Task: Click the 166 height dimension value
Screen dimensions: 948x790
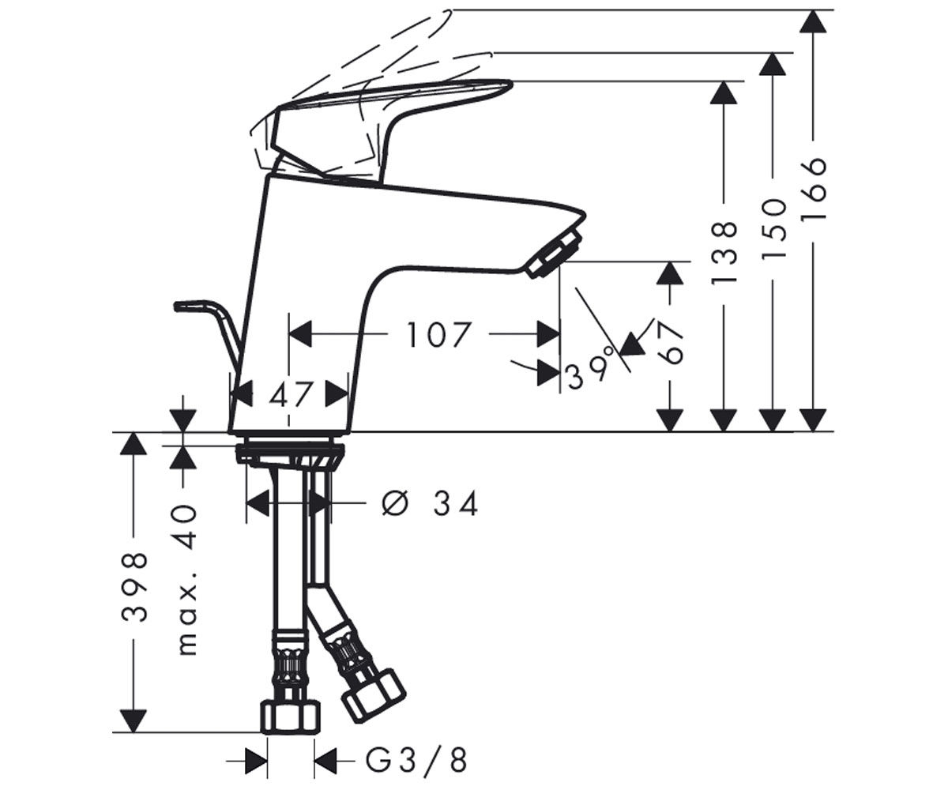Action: click(813, 189)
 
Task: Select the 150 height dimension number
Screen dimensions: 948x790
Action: click(773, 229)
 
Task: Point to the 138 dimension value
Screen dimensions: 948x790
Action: click(724, 253)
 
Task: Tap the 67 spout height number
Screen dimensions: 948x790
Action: click(671, 342)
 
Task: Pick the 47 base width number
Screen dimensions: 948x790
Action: click(291, 394)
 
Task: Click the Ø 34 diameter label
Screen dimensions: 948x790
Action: click(430, 504)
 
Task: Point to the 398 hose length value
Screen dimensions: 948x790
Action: click(135, 586)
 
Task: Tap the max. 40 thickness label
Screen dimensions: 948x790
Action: click(186, 580)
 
